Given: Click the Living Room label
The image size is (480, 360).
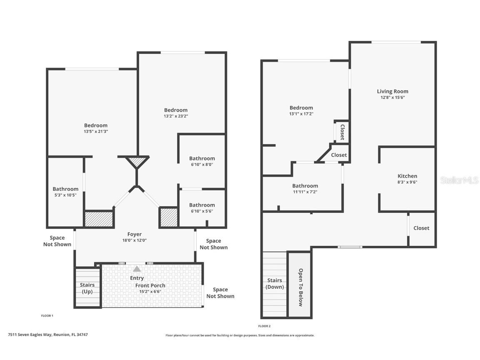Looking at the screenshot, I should click(392, 91).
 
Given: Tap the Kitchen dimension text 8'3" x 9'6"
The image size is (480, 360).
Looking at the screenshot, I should click(407, 182).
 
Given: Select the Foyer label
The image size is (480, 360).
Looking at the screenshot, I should click(135, 235).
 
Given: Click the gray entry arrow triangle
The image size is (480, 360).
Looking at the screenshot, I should click(137, 269).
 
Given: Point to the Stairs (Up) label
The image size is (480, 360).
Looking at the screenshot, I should click(87, 288).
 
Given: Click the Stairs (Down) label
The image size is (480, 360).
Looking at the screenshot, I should click(275, 284).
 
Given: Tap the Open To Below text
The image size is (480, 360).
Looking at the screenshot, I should click(300, 287).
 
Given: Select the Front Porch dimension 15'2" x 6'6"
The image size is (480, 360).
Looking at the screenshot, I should click(150, 292).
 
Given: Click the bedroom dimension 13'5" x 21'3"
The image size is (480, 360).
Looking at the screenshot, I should click(96, 131).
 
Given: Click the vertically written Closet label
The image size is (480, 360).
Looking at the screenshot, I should click(342, 131).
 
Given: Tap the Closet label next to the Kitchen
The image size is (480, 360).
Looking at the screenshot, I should click(421, 228).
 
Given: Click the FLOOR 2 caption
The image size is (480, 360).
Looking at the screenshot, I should click(264, 326).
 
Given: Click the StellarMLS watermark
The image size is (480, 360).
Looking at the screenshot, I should click(459, 180).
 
